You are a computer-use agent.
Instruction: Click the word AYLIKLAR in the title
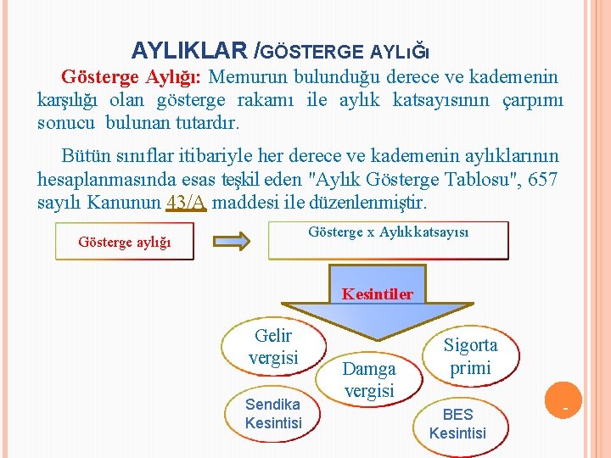191,51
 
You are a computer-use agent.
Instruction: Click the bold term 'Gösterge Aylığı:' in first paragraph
131,77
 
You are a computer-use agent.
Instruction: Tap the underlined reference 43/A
188,204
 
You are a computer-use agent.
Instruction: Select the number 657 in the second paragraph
543,180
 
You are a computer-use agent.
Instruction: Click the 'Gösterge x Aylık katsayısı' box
388,240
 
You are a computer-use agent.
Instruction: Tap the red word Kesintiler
378,294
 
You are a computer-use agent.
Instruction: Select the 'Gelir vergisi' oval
272,347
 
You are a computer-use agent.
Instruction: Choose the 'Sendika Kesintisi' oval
272,413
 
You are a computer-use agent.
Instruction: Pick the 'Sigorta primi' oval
470,356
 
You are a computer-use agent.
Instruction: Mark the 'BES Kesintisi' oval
457,423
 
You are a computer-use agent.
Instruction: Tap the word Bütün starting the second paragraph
86,156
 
